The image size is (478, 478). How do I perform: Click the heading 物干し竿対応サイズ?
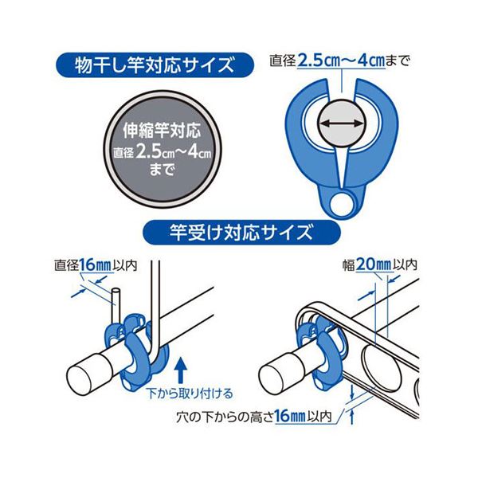pos(155,65)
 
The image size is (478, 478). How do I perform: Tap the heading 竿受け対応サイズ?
pos(241,233)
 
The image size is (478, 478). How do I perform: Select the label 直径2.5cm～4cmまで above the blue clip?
pos(339,61)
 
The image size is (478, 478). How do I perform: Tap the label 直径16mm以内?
pos(96,264)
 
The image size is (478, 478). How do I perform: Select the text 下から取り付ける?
pos(190,394)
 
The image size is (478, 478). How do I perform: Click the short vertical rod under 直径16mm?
pos(116,306)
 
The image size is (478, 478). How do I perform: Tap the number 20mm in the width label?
pos(373,265)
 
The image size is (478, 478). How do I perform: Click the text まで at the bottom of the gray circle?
pos(162,169)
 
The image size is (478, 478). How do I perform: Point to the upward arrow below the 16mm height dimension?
pos(352,417)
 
